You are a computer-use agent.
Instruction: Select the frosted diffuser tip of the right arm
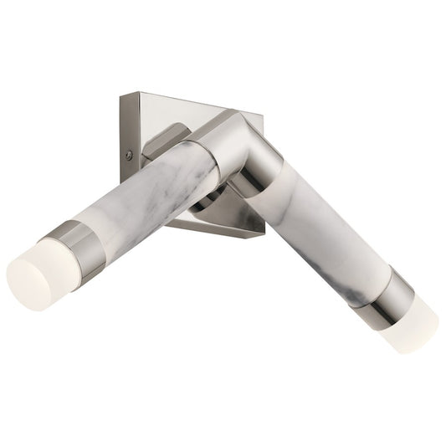(409, 328)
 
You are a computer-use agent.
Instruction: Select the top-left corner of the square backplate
(122, 95)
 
